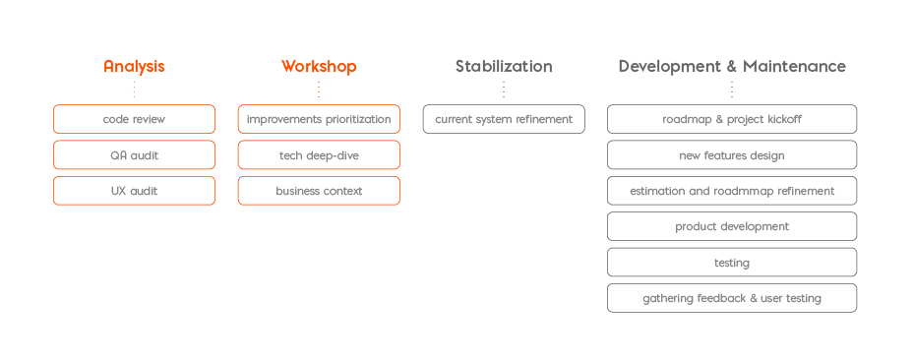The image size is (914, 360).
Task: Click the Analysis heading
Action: coord(134,67)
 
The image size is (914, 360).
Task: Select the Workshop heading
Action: coord(319,67)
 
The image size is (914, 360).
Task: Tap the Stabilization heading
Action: coord(504,67)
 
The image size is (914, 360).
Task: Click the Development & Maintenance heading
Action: coord(732,67)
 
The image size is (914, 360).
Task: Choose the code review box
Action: coord(134,119)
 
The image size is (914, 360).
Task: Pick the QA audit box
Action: coord(134,155)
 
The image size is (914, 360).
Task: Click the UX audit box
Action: coord(134,191)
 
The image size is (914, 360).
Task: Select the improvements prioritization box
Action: coord(319,119)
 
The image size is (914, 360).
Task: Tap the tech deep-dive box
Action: coord(319,155)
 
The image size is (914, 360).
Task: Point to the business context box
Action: coord(319,191)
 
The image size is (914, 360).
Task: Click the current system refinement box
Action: coord(504,119)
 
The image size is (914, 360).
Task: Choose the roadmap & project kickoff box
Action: coord(732,119)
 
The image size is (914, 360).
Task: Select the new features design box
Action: coord(732,155)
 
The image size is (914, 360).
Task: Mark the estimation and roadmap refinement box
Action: coord(732,191)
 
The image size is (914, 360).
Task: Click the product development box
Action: coord(732,226)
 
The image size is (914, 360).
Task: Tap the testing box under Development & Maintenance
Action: coord(732,263)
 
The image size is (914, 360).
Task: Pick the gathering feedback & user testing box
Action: coord(732,298)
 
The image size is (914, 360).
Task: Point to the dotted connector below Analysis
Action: coord(134,90)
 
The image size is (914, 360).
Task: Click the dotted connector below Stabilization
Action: coord(504,90)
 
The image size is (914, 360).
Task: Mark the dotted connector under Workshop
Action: coord(319,90)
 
